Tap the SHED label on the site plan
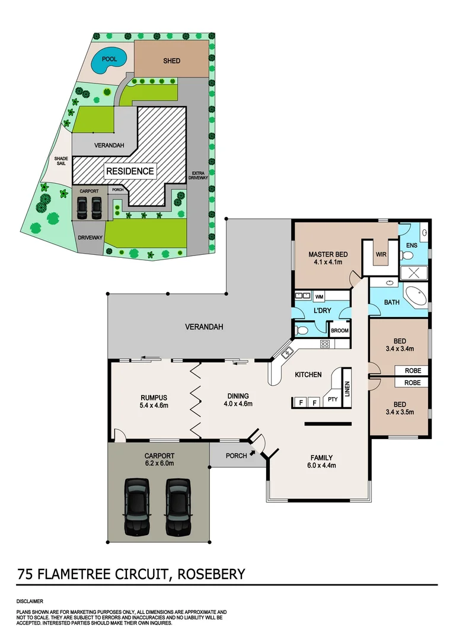(171, 61)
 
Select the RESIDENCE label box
(130, 172)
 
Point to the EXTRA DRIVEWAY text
(196, 175)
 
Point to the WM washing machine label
(319, 296)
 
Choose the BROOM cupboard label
(340, 331)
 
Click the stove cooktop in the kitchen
(324, 344)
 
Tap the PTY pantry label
(333, 399)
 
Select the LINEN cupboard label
(347, 383)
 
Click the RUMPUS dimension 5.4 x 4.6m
(154, 405)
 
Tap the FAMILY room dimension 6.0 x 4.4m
(321, 465)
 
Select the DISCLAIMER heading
(30, 600)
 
